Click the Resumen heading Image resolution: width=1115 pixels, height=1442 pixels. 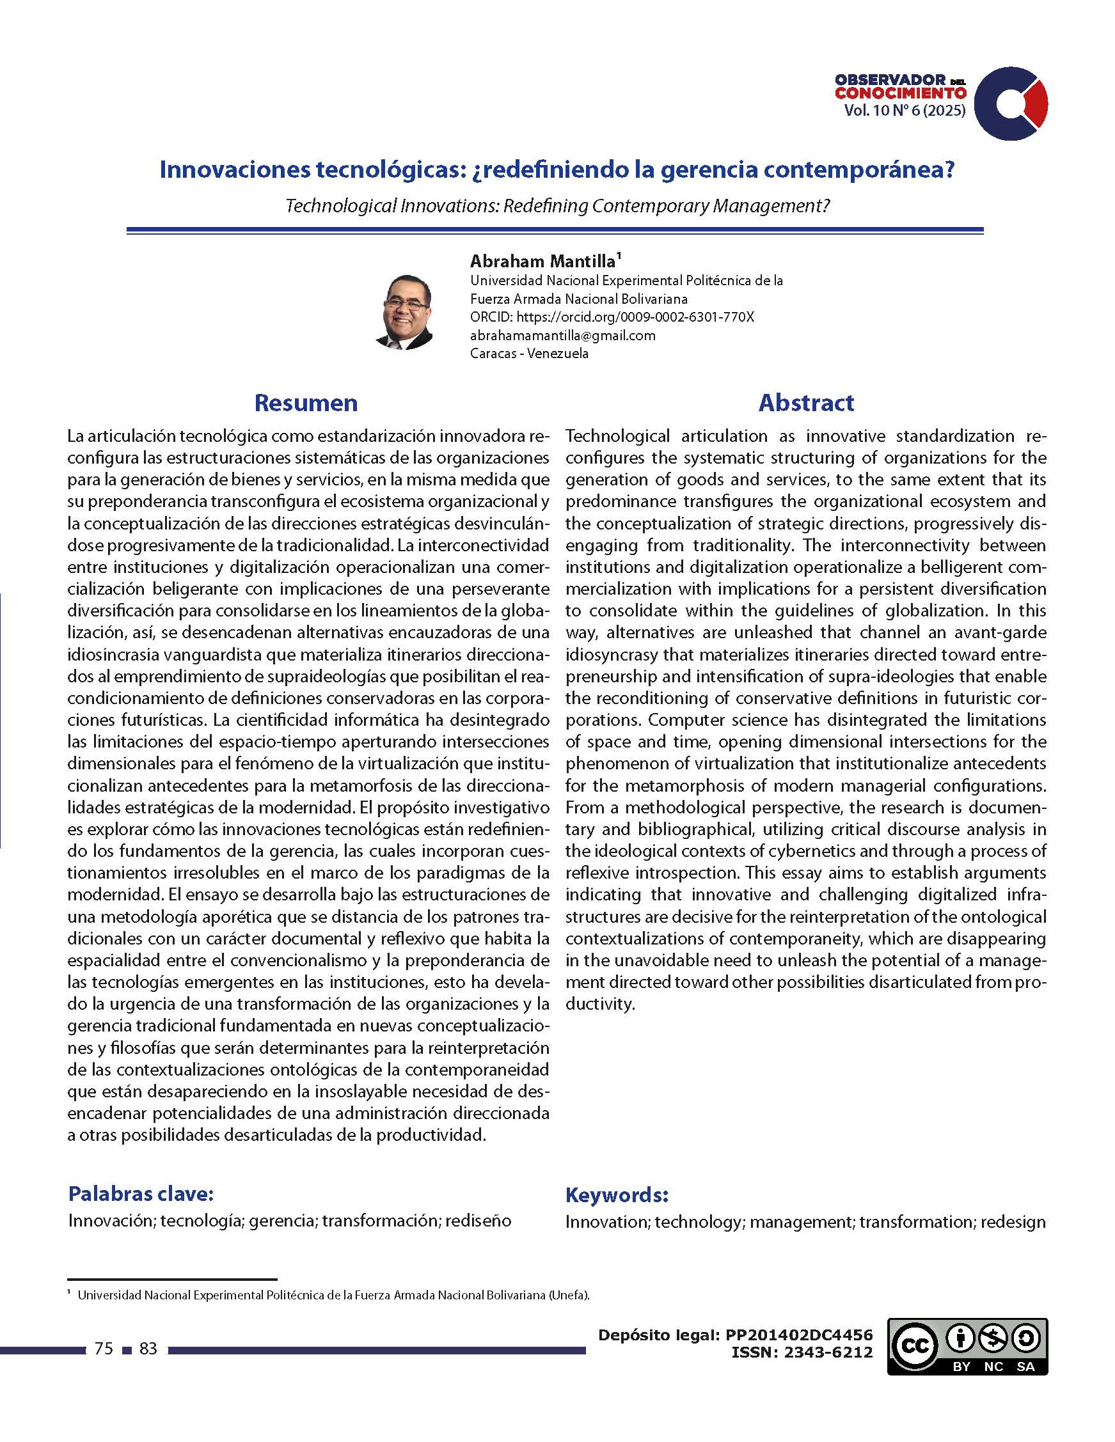[x=306, y=403]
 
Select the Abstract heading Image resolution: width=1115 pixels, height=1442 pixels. [x=806, y=403]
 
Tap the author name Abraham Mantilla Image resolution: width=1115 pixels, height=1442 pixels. [x=542, y=261]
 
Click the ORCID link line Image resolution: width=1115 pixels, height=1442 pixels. [x=612, y=317]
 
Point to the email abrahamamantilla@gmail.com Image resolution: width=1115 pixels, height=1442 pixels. [x=563, y=336]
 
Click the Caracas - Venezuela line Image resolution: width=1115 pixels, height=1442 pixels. [x=529, y=353]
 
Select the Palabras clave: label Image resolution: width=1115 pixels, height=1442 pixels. [x=141, y=1194]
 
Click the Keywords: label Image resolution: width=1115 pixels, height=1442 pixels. [x=617, y=1195]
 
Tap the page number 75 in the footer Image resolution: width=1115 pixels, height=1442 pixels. [x=104, y=1348]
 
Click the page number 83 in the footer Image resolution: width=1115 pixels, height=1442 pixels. [x=148, y=1348]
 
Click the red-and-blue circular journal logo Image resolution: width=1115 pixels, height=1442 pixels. [x=1011, y=104]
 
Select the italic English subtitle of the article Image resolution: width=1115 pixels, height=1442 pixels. [x=557, y=206]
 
